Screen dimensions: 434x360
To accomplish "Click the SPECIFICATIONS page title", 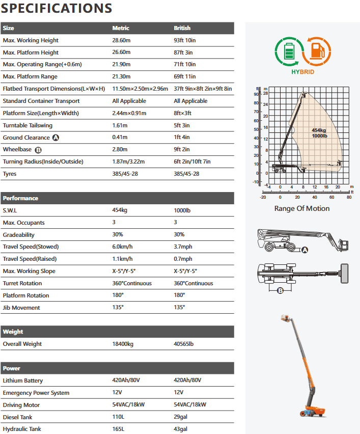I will pyautogui.click(x=57, y=8).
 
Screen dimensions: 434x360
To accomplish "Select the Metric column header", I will pyautogui.click(x=121, y=28).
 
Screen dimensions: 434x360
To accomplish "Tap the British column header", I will pyautogui.click(x=182, y=28).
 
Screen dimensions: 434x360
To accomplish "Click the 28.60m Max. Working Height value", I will pyautogui.click(x=121, y=40).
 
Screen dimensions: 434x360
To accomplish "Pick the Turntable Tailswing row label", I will pyautogui.click(x=27, y=125).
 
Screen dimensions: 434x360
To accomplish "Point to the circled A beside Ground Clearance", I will pyautogui.click(x=56, y=138).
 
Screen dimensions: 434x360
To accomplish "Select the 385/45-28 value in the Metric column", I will pyautogui.click(x=125, y=174).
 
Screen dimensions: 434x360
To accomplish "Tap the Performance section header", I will pyautogui.click(x=20, y=198).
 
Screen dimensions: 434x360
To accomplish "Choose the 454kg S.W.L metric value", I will pyautogui.click(x=120, y=210).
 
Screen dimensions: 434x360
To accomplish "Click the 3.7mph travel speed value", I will pyautogui.click(x=182, y=247).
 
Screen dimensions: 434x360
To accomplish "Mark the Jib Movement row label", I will pyautogui.click(x=21, y=308).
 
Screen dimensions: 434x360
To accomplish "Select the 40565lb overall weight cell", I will pyautogui.click(x=184, y=344).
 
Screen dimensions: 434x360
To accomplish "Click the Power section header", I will pyautogui.click(x=12, y=368).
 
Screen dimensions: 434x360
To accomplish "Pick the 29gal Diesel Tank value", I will pyautogui.click(x=180, y=417).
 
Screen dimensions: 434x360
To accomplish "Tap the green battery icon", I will pyautogui.click(x=288, y=51).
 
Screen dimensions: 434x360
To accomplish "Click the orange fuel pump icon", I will pyautogui.click(x=317, y=51).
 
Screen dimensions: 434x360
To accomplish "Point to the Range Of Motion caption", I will pyautogui.click(x=302, y=208).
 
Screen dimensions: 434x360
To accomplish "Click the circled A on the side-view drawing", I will pyautogui.click(x=305, y=250).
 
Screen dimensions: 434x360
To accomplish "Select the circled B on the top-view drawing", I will pyautogui.click(x=280, y=291).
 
